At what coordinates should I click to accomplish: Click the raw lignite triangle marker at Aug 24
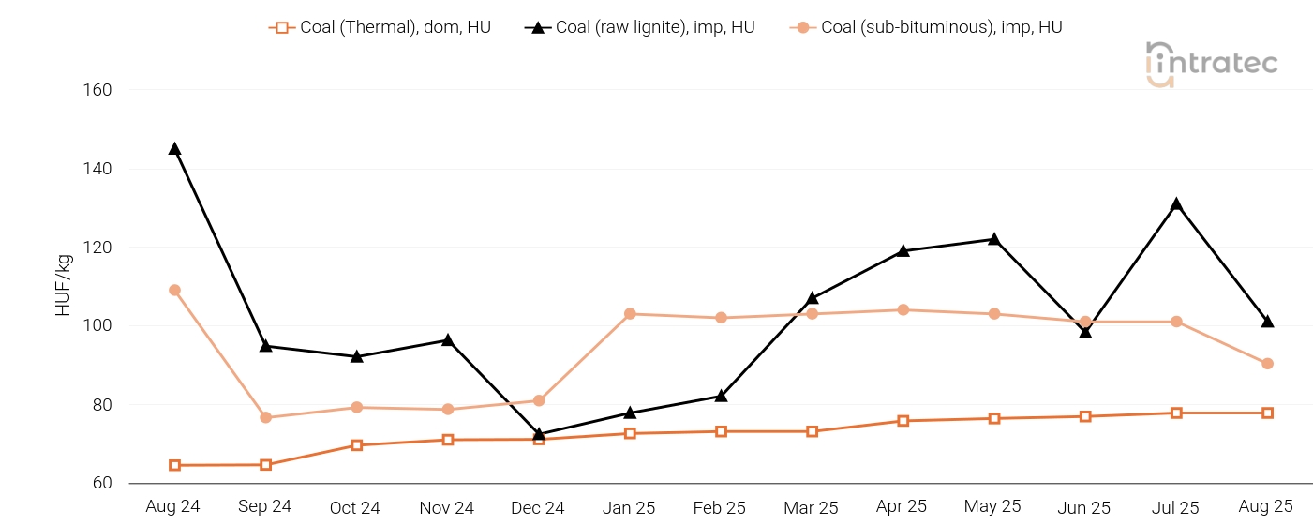click(x=174, y=148)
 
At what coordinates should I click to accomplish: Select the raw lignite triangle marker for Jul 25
click(x=1176, y=204)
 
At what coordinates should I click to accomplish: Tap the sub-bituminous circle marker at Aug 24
click(x=174, y=291)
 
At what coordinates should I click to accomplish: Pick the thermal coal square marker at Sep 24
click(x=265, y=465)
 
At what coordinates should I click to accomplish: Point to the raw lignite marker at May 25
click(x=993, y=239)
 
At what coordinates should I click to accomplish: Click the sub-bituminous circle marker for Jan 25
click(x=630, y=314)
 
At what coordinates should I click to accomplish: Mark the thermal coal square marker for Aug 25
click(x=1267, y=413)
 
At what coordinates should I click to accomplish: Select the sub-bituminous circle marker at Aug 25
click(x=1267, y=364)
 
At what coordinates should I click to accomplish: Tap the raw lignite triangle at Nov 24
click(x=448, y=340)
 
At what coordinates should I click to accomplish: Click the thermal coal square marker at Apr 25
click(x=903, y=421)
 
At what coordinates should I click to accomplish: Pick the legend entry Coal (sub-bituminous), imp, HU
click(x=927, y=27)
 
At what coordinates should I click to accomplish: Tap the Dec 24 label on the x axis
click(x=538, y=508)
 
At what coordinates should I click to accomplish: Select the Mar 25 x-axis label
click(x=811, y=508)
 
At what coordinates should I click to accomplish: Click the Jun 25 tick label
click(x=1084, y=508)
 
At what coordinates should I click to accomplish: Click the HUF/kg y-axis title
click(x=64, y=285)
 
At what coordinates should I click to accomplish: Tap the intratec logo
click(x=1211, y=64)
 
